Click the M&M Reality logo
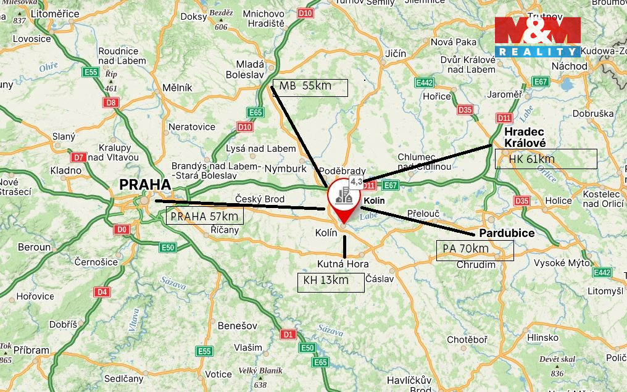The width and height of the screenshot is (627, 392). tap(537, 38)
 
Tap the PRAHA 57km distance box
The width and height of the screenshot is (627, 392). tap(205, 215)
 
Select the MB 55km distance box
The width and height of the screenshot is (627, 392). tap(310, 88)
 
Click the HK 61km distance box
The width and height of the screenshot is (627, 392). tap(546, 159)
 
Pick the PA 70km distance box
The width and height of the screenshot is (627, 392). tap(475, 250)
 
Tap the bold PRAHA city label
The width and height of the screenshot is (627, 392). tap(145, 185)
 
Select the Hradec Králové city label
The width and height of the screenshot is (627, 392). tap(525, 137)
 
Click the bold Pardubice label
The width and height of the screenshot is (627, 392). tap(507, 233)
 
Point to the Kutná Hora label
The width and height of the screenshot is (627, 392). tap(343, 264)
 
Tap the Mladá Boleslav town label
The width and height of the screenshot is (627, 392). tap(251, 70)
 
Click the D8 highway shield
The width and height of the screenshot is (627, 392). tap(111, 102)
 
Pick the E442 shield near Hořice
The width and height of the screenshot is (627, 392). tap(425, 82)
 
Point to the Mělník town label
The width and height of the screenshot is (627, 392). tap(178, 88)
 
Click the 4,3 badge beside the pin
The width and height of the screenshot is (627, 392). tap(356, 181)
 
